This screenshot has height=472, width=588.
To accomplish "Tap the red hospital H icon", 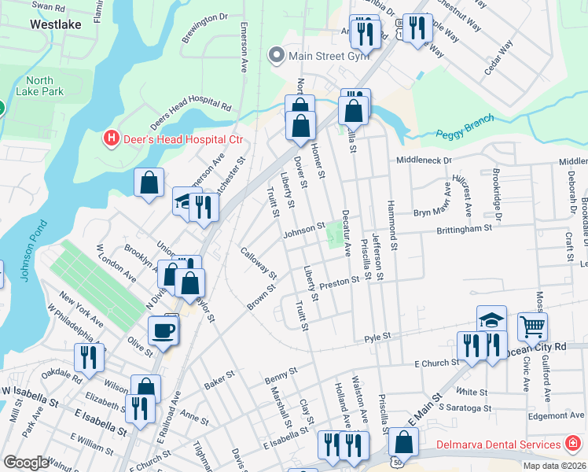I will pyautogui.click(x=112, y=139).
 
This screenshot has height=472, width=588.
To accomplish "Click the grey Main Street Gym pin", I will pyautogui.click(x=276, y=55).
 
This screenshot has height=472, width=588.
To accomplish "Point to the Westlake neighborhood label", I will pyautogui.click(x=52, y=24).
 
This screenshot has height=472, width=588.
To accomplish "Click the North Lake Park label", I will pyautogui.click(x=39, y=87).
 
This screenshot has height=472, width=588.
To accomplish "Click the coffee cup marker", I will pyautogui.click(x=163, y=330).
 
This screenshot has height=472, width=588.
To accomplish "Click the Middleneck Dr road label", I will pyautogui.click(x=424, y=160).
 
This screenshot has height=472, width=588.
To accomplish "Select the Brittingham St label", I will pyautogui.click(x=464, y=228).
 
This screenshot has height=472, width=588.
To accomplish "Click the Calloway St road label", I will pyautogui.click(x=259, y=264).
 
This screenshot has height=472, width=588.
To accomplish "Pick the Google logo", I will pyautogui.click(x=26, y=463).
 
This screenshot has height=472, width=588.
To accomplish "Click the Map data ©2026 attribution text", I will pyautogui.click(x=553, y=466).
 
